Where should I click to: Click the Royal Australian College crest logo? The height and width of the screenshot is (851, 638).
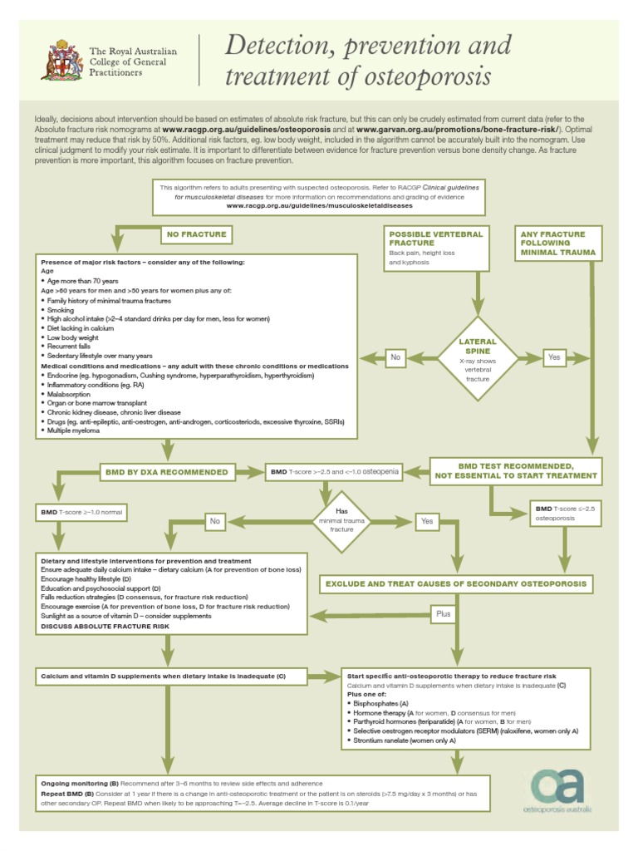tap(61, 60)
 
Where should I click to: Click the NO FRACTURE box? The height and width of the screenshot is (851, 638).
tap(196, 234)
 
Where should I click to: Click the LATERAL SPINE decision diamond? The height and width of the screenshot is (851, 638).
tap(478, 358)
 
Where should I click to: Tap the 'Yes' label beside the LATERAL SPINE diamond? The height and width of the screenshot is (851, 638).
tap(555, 357)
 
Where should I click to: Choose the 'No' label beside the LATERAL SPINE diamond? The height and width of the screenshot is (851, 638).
tap(395, 357)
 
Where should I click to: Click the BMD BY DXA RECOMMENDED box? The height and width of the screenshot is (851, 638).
tap(166, 472)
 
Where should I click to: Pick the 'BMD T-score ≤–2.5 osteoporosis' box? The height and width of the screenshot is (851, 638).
tap(565, 513)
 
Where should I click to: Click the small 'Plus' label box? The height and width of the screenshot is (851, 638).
tap(444, 614)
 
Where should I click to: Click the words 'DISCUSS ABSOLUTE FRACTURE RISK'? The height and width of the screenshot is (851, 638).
tap(105, 626)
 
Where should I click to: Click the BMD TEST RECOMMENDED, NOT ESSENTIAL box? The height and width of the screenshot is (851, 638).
tap(516, 470)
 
